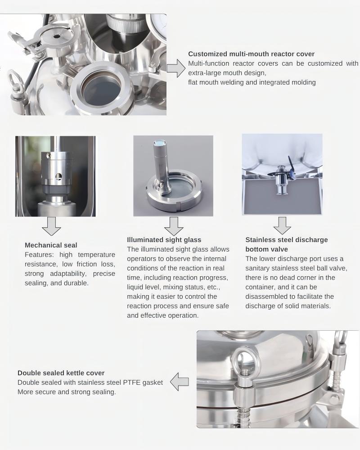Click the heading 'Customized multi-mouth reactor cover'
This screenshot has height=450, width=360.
(251, 54)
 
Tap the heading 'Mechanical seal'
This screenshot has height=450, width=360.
(51, 245)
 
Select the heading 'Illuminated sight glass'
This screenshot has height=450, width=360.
(164, 240)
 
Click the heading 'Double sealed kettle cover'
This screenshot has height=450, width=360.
(61, 373)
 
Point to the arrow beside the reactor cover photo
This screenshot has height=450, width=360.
(175, 68)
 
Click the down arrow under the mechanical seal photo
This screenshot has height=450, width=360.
(51, 226)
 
